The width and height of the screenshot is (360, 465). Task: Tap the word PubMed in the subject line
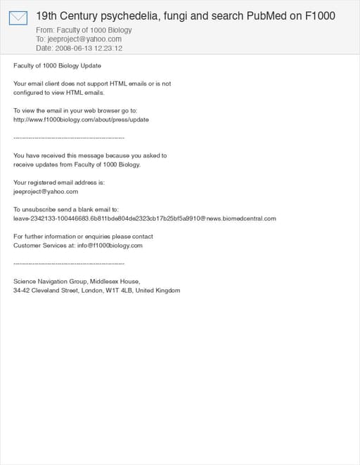268,15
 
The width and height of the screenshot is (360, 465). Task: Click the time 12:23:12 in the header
108,48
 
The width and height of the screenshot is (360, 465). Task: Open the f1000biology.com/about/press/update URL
81,119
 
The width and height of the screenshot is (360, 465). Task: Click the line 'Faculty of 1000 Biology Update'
57,65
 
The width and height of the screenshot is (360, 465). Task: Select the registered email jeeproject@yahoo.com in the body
46,191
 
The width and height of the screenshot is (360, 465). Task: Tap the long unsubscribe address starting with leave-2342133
145,218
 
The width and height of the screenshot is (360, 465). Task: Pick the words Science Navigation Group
49,282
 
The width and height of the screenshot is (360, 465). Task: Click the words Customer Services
36,246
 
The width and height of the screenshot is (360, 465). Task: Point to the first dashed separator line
69,138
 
